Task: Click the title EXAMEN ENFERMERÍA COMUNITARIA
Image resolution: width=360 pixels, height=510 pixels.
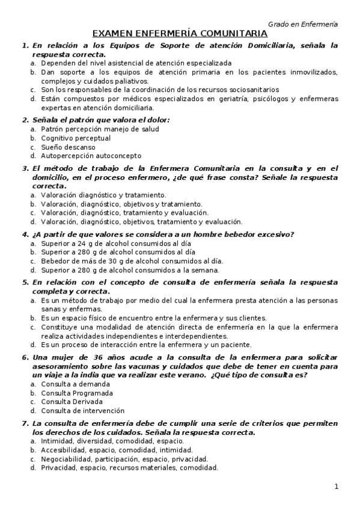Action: (180, 34)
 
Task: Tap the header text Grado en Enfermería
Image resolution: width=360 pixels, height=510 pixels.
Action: (302, 23)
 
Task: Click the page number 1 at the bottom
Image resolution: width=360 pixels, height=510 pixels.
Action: (337, 486)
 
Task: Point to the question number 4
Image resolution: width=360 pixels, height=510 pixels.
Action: (25, 234)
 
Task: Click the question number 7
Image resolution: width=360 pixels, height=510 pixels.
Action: (25, 423)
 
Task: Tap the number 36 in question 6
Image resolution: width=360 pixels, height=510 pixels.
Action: (100, 357)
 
